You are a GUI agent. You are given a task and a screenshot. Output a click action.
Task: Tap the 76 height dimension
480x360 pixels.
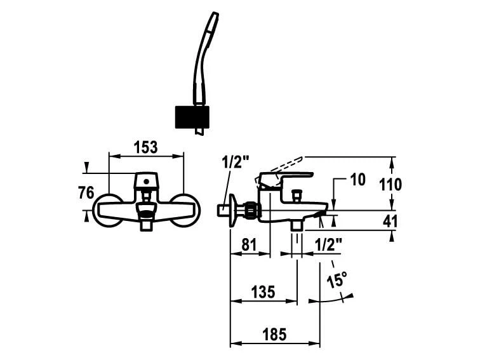(86, 192)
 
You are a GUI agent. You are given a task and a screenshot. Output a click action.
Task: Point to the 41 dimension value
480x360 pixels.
(390, 221)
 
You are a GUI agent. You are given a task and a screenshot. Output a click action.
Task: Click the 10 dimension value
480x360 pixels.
(357, 180)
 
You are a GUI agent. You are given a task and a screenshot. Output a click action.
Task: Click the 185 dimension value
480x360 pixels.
(274, 333)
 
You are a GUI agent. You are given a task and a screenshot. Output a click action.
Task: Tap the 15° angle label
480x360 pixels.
(337, 279)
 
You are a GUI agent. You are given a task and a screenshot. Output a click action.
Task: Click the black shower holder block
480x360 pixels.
(191, 117)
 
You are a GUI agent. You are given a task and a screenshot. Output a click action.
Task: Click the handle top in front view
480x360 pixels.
(146, 180)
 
